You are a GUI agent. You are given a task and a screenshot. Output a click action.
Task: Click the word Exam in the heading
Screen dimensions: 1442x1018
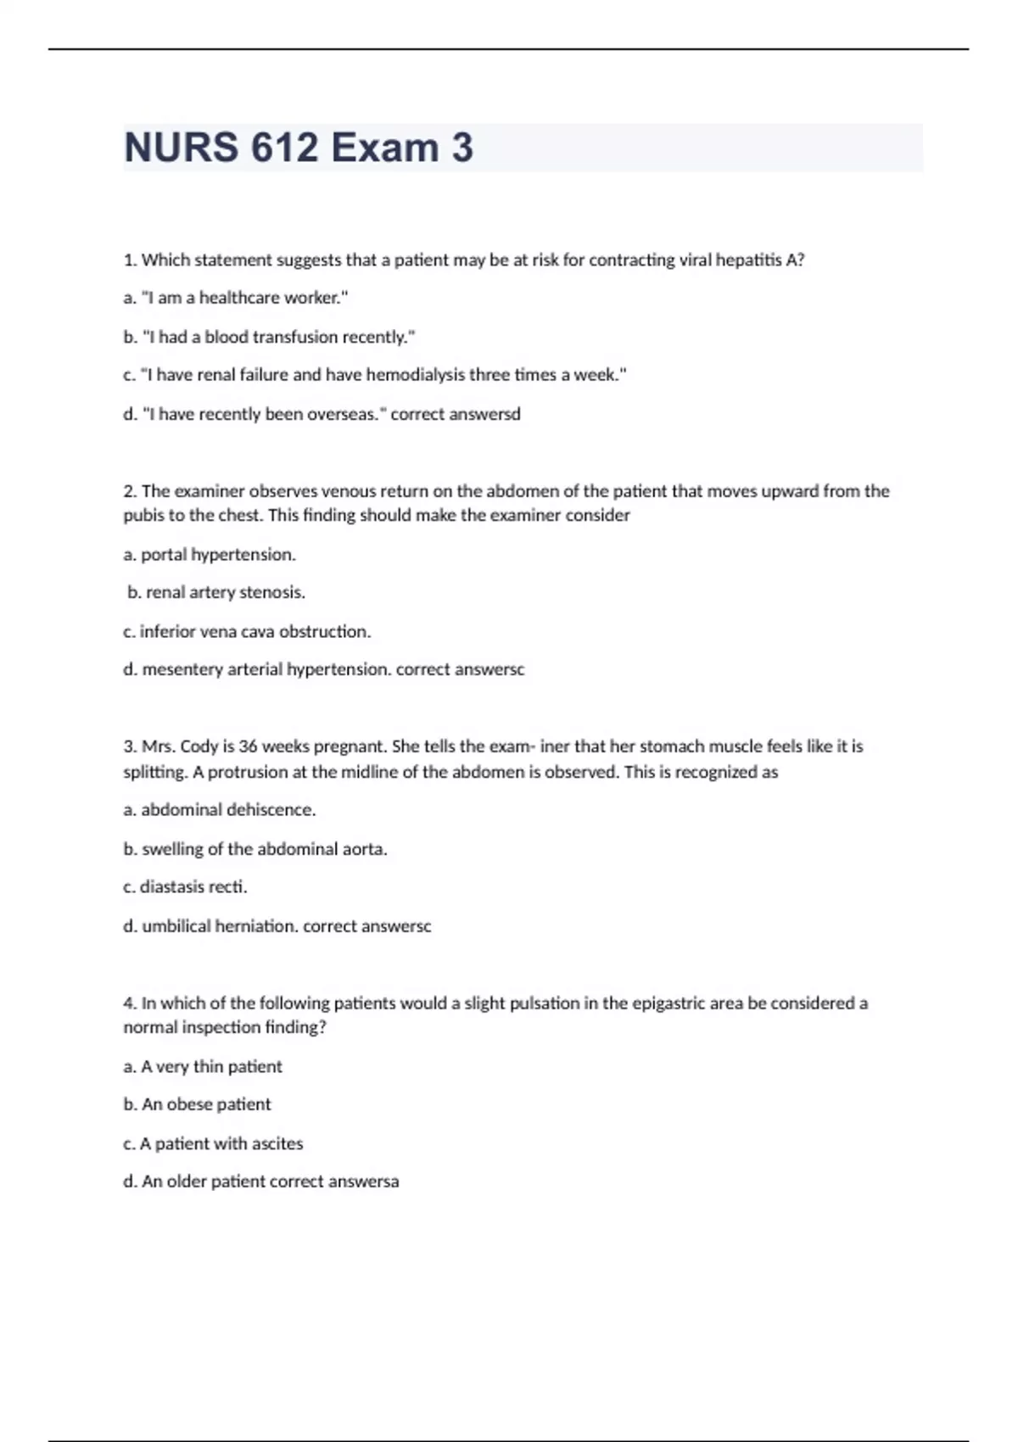click(x=384, y=148)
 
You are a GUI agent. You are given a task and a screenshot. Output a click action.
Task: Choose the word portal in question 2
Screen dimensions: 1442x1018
click(x=164, y=555)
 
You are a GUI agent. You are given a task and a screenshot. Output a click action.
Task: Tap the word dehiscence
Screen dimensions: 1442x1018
click(x=271, y=810)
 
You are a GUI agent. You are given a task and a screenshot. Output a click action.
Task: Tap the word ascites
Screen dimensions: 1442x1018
click(x=277, y=1143)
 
